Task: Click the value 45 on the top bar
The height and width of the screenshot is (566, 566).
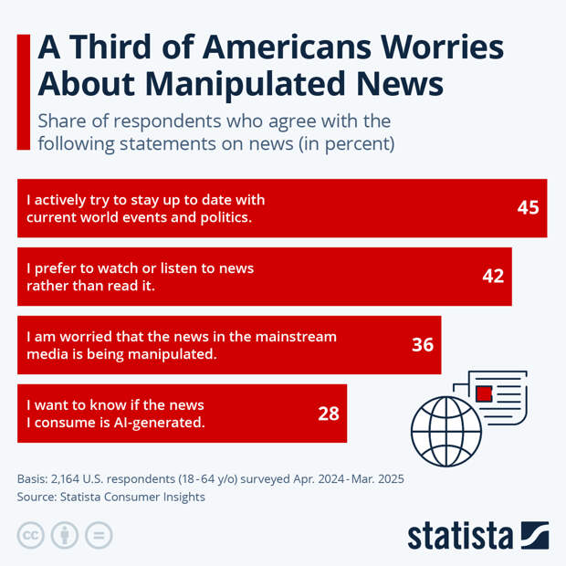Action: coord(528,207)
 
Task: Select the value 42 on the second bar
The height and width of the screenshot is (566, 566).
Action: coord(493,276)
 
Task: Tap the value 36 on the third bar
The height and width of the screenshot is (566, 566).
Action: coord(422,345)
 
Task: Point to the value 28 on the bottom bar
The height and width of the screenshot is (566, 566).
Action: coord(328,414)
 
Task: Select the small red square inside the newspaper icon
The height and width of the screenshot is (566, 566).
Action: coord(484,394)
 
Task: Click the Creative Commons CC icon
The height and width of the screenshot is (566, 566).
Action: coord(31,536)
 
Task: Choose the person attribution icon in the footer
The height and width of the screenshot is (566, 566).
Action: coord(64,536)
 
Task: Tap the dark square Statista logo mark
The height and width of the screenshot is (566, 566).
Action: coord(534,535)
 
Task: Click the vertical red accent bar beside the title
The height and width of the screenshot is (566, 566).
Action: coord(23,91)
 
